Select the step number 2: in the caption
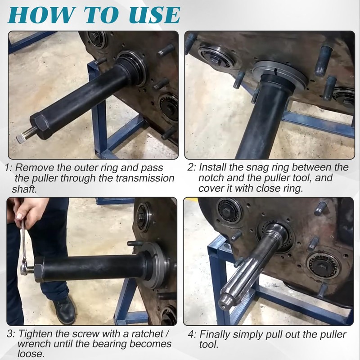(192, 168)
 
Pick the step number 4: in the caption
(192, 335)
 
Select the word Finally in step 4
(216, 335)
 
